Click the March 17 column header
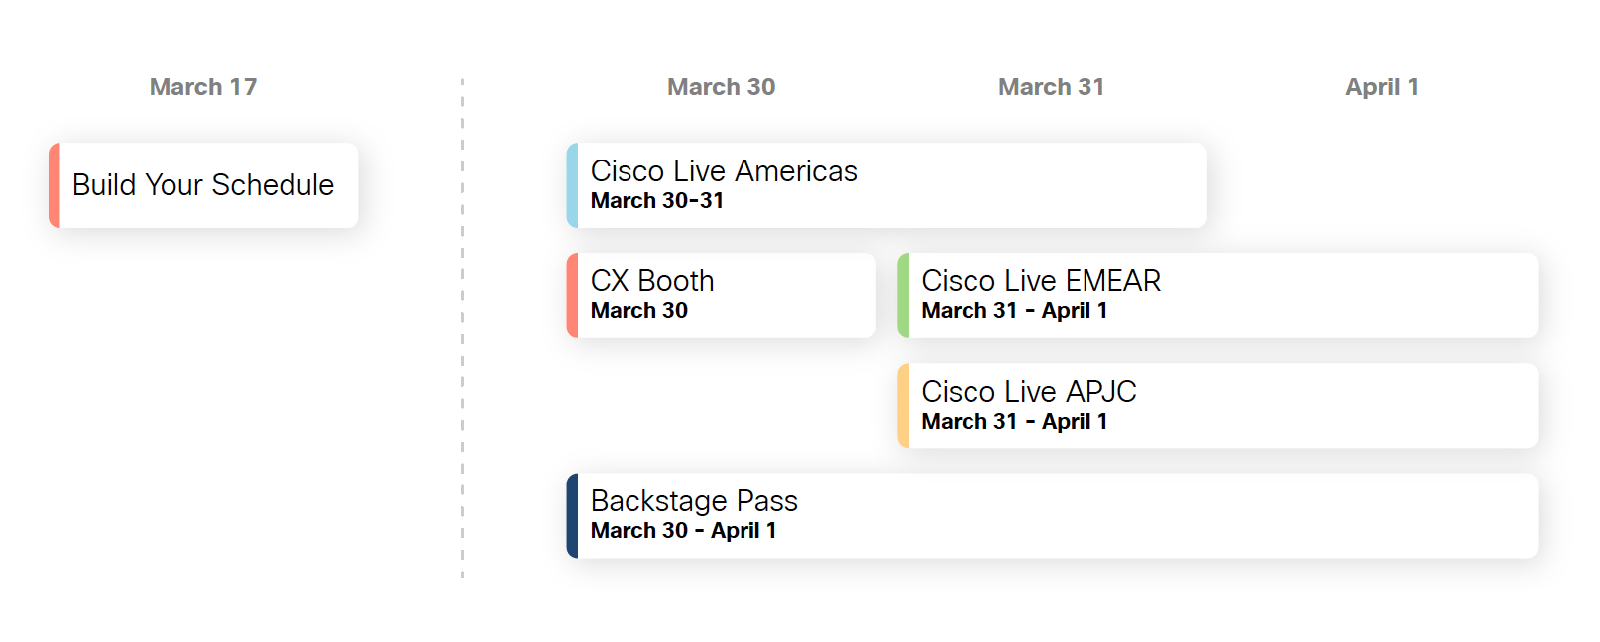click(203, 87)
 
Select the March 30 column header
click(721, 87)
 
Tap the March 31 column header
click(1051, 87)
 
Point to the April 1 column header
click(1381, 87)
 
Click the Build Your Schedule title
click(203, 185)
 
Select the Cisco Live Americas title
click(724, 171)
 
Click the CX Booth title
click(652, 281)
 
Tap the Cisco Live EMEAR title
click(1041, 281)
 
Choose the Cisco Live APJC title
click(1029, 392)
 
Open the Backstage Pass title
click(694, 501)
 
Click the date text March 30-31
click(657, 201)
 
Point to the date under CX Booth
click(639, 311)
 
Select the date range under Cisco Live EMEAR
click(1014, 311)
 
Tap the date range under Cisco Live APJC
click(1014, 422)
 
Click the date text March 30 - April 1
click(683, 531)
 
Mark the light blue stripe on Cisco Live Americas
click(572, 185)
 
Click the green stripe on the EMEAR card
click(903, 295)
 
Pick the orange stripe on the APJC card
click(903, 405)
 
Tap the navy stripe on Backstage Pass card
click(572, 515)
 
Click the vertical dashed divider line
click(462, 327)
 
